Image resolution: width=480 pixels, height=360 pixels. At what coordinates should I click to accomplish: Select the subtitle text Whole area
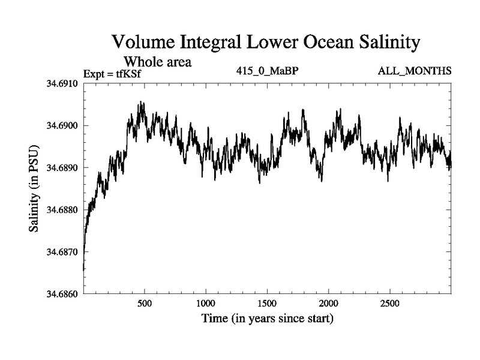pos(157,61)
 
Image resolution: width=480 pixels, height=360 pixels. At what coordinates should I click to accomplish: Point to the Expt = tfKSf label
pos(115,73)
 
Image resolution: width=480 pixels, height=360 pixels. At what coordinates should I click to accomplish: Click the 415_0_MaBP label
pos(268,71)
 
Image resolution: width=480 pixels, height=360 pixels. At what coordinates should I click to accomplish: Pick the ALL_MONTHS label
pos(415,71)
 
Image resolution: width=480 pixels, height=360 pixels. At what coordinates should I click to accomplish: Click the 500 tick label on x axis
pos(145,303)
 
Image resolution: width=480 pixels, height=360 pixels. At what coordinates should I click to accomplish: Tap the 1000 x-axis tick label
pos(206,303)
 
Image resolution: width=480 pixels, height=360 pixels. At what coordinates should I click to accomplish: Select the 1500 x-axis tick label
pos(268,303)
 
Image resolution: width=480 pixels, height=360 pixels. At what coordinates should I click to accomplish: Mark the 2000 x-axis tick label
pos(329,303)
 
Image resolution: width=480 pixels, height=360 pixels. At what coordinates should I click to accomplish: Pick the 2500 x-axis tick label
pos(390,303)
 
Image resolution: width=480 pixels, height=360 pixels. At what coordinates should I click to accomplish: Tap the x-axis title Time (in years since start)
pos(267,319)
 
